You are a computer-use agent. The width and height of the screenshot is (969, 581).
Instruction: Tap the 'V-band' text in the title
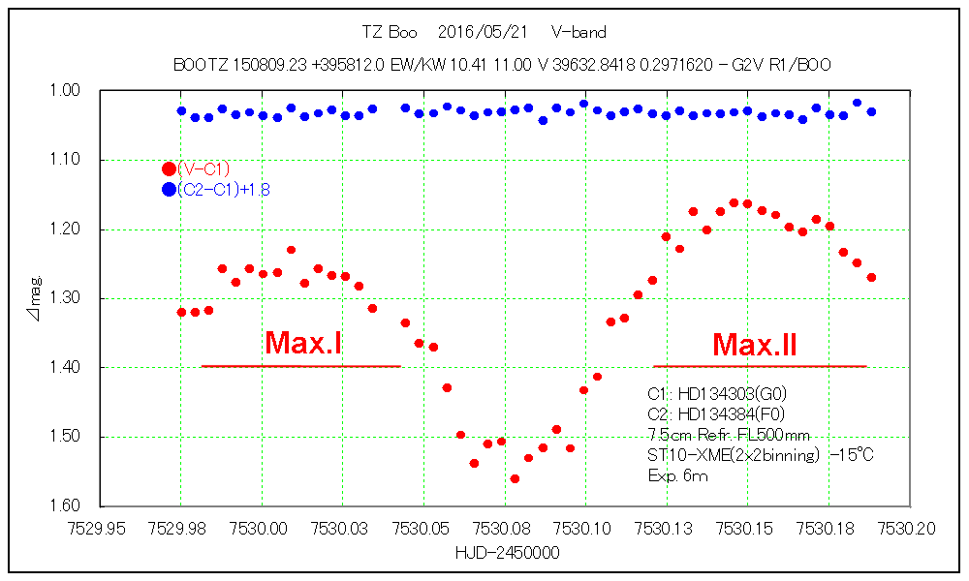point(578,33)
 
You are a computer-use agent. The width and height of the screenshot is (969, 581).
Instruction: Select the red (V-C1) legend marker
point(169,168)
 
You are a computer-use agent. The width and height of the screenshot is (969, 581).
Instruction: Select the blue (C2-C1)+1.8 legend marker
point(169,189)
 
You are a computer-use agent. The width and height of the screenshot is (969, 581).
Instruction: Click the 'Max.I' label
point(302,343)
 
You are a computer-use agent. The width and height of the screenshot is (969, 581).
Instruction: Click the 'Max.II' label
point(755,344)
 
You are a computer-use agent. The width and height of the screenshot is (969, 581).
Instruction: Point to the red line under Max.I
point(300,366)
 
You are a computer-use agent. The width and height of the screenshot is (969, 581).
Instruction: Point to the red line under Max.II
point(760,366)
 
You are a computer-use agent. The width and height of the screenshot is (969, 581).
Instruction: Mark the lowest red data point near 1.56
point(515,478)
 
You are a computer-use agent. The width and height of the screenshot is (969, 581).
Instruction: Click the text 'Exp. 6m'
point(677,475)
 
